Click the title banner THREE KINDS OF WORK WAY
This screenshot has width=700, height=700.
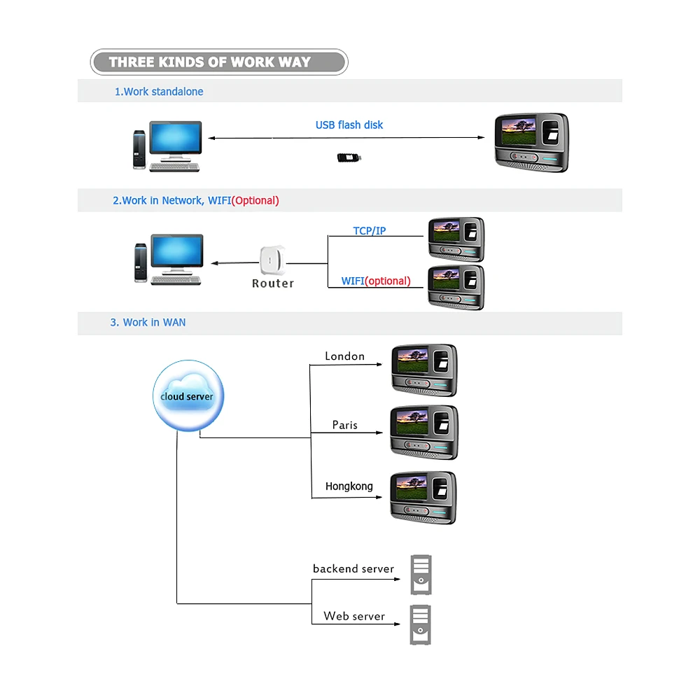point(218,62)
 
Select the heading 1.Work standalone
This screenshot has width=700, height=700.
point(159,92)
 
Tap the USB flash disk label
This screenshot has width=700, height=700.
point(349,125)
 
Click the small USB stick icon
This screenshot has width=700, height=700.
point(349,157)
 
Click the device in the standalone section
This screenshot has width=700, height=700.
point(531,143)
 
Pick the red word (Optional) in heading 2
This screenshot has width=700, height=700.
point(255,201)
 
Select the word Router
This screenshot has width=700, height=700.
point(272,283)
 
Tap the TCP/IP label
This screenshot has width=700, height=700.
point(370,230)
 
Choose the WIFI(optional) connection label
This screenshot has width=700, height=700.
point(376,281)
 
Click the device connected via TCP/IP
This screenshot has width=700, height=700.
point(456,239)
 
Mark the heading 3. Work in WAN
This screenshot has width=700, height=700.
point(148,323)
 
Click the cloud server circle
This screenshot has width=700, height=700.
point(188,395)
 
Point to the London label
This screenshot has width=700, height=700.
point(344,356)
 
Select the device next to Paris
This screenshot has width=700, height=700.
point(423,432)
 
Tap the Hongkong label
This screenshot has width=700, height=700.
point(349,486)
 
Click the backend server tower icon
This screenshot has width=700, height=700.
point(421,574)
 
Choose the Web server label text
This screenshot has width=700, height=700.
point(354,617)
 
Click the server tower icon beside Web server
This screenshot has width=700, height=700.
point(420,624)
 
